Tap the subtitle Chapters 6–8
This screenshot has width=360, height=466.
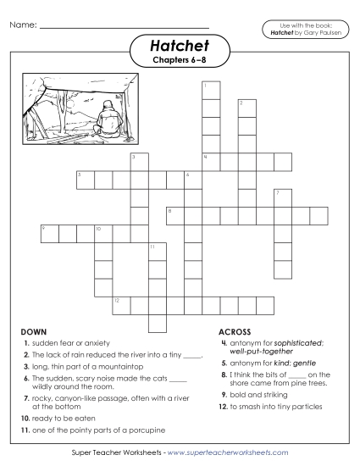tap(180, 61)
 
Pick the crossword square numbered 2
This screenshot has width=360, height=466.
tap(246, 108)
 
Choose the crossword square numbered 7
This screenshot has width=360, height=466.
tap(282, 197)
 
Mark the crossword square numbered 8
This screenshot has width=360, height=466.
tap(174, 214)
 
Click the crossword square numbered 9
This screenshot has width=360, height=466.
tap(48, 232)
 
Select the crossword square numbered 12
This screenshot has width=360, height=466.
tap(120, 303)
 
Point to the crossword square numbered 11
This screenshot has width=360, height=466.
tap(156, 251)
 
